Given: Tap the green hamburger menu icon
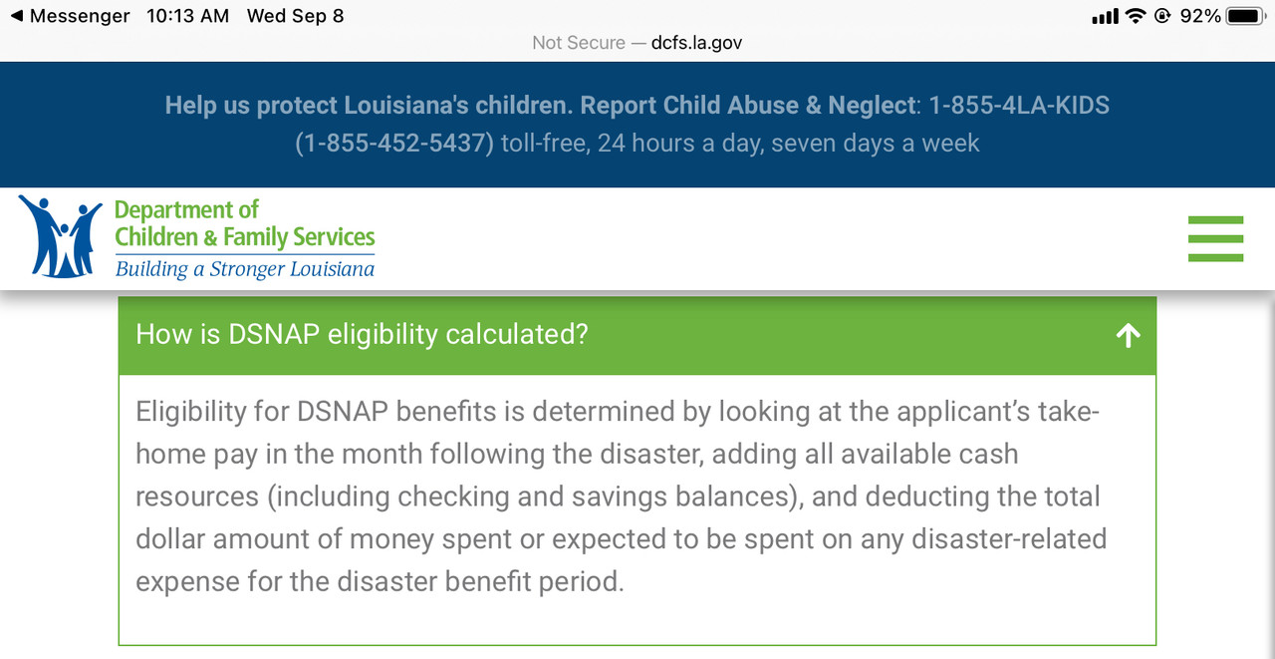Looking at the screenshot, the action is pyautogui.click(x=1215, y=238).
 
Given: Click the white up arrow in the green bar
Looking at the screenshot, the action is pyautogui.click(x=1129, y=335).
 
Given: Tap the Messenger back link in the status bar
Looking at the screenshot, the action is pyautogui.click(x=71, y=16).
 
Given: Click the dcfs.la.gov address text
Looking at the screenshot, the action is pyautogui.click(x=696, y=43).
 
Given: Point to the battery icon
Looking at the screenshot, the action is pyautogui.click(x=1246, y=16).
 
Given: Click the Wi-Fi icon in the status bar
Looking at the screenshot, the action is pyautogui.click(x=1136, y=16).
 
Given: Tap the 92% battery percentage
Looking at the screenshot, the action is pyautogui.click(x=1200, y=16).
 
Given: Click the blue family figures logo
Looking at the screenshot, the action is pyautogui.click(x=61, y=236).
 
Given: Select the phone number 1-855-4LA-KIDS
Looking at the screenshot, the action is pyautogui.click(x=1019, y=106).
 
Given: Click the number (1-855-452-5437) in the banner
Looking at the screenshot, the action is pyautogui.click(x=393, y=143).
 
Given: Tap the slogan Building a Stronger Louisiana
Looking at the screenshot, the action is pyautogui.click(x=245, y=269).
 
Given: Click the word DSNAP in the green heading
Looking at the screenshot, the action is pyautogui.click(x=274, y=334).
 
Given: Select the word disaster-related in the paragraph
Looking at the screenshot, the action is pyautogui.click(x=1009, y=538).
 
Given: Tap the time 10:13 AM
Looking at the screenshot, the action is pyautogui.click(x=188, y=16).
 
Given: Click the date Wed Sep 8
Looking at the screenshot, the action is pyautogui.click(x=296, y=16).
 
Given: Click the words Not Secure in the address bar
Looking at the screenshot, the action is pyautogui.click(x=579, y=43).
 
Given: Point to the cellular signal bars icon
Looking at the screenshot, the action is pyautogui.click(x=1105, y=17).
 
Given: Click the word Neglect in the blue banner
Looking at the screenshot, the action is pyautogui.click(x=872, y=106).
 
